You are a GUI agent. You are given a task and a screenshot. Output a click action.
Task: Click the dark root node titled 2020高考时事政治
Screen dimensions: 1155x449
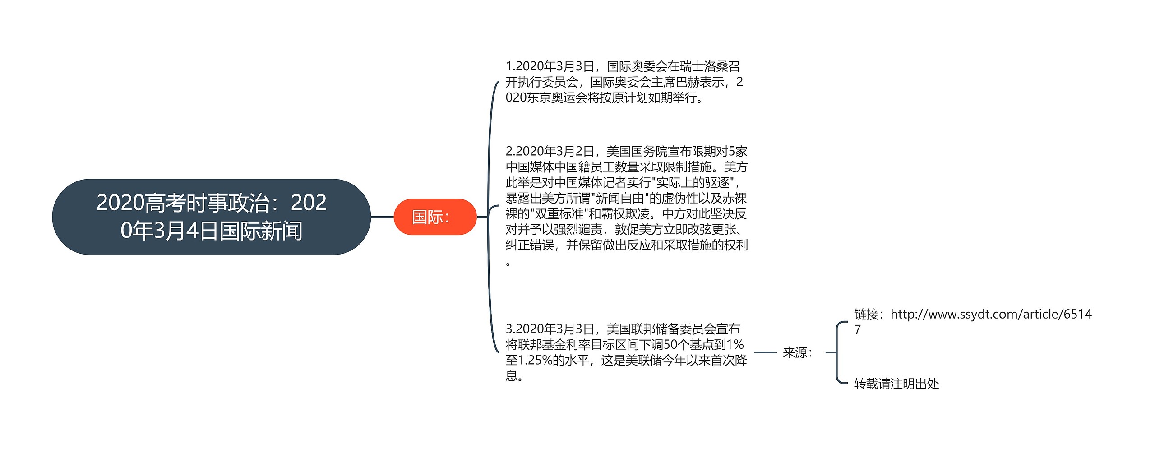[x=211, y=217]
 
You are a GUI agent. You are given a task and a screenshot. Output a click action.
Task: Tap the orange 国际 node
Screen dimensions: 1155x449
[x=434, y=217]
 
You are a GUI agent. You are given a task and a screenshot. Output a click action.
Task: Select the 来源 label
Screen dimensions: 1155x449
[x=797, y=352]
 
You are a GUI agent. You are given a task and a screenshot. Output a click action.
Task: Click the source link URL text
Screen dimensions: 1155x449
[x=991, y=314]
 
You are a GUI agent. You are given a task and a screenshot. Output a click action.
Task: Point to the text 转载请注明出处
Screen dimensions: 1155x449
[x=896, y=384]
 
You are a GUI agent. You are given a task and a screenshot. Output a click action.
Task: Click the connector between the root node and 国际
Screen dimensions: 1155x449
[x=382, y=217]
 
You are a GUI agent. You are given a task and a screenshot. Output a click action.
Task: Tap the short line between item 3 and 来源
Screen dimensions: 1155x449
[x=765, y=352]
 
